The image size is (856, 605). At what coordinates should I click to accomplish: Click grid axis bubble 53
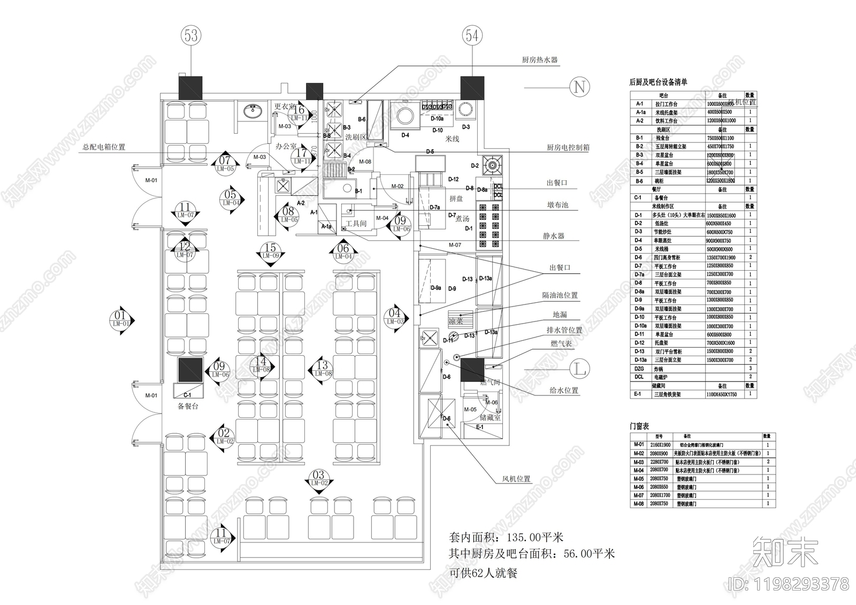click(191, 35)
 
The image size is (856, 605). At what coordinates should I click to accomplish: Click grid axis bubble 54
click(472, 35)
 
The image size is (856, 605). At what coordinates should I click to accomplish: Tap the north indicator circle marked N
click(579, 87)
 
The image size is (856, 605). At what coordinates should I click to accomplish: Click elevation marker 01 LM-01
click(121, 319)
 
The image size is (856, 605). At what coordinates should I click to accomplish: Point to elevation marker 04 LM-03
click(395, 317)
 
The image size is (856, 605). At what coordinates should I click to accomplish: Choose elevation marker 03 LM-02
click(319, 478)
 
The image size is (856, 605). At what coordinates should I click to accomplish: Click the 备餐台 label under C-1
click(188, 406)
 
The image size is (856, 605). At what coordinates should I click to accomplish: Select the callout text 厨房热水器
click(540, 60)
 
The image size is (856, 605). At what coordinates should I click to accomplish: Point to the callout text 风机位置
click(516, 479)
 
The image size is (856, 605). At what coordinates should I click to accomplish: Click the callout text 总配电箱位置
click(104, 147)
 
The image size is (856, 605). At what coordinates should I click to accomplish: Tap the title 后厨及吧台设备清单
click(658, 82)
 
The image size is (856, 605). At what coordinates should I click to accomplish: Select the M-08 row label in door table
click(639, 504)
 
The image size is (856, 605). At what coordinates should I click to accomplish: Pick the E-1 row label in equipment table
click(638, 394)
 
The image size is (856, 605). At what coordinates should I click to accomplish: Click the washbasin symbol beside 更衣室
click(251, 111)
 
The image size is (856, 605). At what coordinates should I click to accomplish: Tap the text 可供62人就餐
click(483, 573)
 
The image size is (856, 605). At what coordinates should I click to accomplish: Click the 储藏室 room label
click(490, 417)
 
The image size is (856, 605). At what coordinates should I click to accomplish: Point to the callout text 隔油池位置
click(560, 295)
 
